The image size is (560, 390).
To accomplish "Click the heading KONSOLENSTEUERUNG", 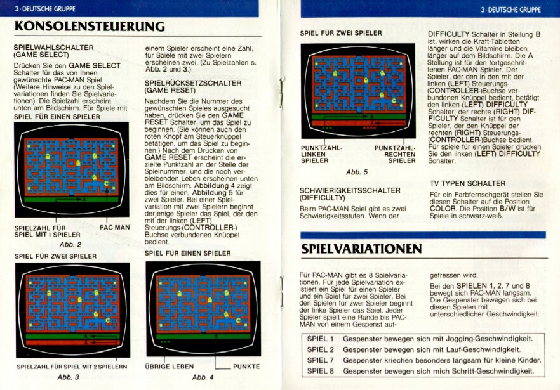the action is [x=90, y=27].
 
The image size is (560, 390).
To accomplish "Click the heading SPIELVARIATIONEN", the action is [x=361, y=249].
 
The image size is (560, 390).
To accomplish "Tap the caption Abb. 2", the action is [x=70, y=244].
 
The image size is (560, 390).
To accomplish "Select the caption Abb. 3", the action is [x=68, y=377].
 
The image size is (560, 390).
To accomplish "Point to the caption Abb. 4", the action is [x=203, y=377].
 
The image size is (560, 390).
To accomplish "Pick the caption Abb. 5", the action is [x=357, y=172].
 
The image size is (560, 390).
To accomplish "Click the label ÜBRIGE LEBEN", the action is [x=170, y=367].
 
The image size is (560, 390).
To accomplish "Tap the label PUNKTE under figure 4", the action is [x=246, y=367].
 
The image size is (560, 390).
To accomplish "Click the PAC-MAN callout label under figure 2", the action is [x=115, y=227].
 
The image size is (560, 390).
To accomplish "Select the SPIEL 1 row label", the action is [x=321, y=339].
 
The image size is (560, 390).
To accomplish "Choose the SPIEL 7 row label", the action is [x=321, y=360].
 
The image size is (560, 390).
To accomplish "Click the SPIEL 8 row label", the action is [x=321, y=371].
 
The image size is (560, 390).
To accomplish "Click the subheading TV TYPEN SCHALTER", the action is [x=467, y=183].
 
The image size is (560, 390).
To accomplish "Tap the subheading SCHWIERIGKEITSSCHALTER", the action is [x=350, y=190].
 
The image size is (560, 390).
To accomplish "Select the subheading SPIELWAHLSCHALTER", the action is [x=53, y=48].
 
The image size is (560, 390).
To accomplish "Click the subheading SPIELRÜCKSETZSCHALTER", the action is [x=193, y=83].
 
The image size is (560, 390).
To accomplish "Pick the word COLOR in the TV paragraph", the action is [x=443, y=209].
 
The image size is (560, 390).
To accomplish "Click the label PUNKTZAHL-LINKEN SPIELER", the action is [x=321, y=154].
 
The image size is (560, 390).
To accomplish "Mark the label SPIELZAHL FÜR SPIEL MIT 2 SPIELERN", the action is [x=72, y=367].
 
